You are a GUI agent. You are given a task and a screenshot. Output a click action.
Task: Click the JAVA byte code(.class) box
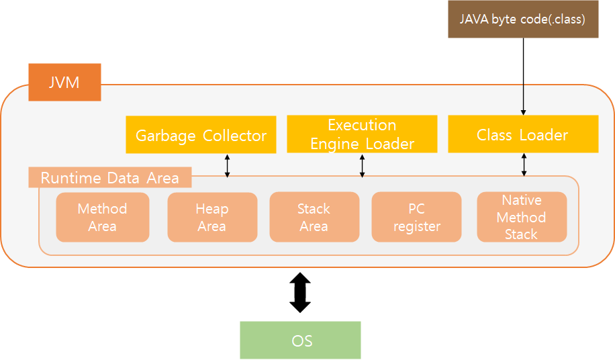click(x=522, y=19)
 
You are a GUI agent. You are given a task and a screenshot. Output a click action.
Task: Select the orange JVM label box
click(x=64, y=83)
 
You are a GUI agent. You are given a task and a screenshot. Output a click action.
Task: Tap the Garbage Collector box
click(x=201, y=135)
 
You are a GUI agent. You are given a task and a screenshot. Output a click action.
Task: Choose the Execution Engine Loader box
click(x=362, y=134)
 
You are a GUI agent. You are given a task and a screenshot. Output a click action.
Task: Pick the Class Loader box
click(x=522, y=134)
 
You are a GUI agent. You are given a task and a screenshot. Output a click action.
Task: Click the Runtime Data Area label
click(x=110, y=178)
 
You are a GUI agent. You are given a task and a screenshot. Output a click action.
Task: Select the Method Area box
click(x=102, y=217)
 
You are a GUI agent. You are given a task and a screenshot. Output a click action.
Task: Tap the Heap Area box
click(x=212, y=217)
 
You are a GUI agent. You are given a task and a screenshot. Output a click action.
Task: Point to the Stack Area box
click(x=314, y=217)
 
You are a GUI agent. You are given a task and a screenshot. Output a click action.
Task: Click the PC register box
click(x=416, y=217)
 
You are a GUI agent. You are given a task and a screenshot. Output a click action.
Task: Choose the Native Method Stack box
click(x=522, y=217)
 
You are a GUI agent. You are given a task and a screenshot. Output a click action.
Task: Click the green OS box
click(x=301, y=340)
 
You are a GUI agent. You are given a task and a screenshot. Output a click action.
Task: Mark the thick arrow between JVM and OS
click(x=300, y=292)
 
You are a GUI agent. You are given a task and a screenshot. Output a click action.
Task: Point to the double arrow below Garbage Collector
click(x=227, y=165)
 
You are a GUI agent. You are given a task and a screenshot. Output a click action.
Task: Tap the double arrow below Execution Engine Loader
click(x=363, y=165)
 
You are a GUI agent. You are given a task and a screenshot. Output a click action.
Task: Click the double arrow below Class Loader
click(x=524, y=165)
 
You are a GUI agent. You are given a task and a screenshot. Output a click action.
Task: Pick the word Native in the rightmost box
click(x=522, y=200)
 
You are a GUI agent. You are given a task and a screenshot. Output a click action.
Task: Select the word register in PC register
click(x=416, y=226)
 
